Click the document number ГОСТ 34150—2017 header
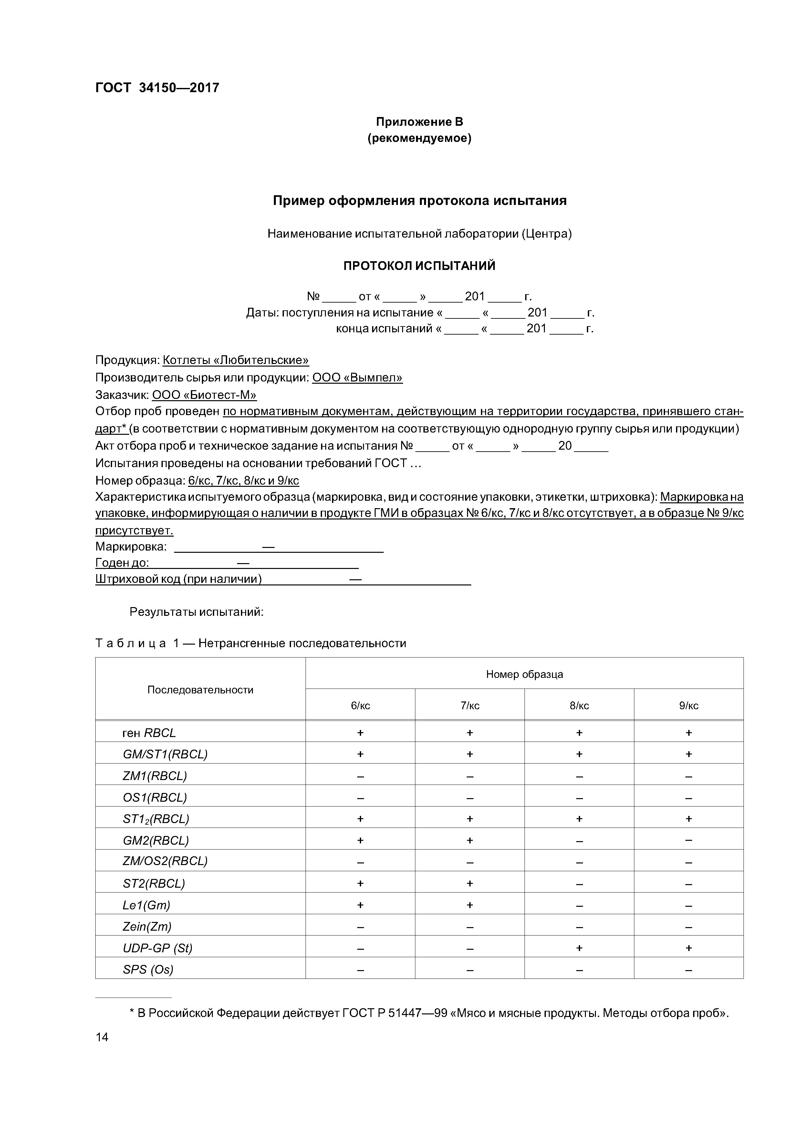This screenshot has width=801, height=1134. click(x=157, y=88)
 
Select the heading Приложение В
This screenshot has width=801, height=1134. click(x=420, y=122)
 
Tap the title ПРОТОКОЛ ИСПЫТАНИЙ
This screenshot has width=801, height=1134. click(x=420, y=266)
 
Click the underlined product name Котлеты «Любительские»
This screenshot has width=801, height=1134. click(x=235, y=360)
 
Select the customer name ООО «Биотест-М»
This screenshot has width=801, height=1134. click(x=204, y=395)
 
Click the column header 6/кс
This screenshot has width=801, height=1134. click(x=360, y=706)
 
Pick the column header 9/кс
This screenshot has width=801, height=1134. click(x=689, y=706)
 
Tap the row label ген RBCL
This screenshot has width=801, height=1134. click(x=149, y=733)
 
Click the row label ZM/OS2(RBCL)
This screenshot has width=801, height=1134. click(x=165, y=861)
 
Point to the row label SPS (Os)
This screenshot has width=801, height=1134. click(x=148, y=969)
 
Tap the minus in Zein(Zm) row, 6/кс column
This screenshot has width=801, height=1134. click(x=360, y=926)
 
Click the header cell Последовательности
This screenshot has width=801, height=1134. click(x=200, y=690)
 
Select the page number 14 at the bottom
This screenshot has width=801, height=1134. click(x=102, y=1037)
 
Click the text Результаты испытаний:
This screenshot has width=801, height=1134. click(x=196, y=612)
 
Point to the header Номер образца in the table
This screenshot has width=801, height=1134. click(x=524, y=674)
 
